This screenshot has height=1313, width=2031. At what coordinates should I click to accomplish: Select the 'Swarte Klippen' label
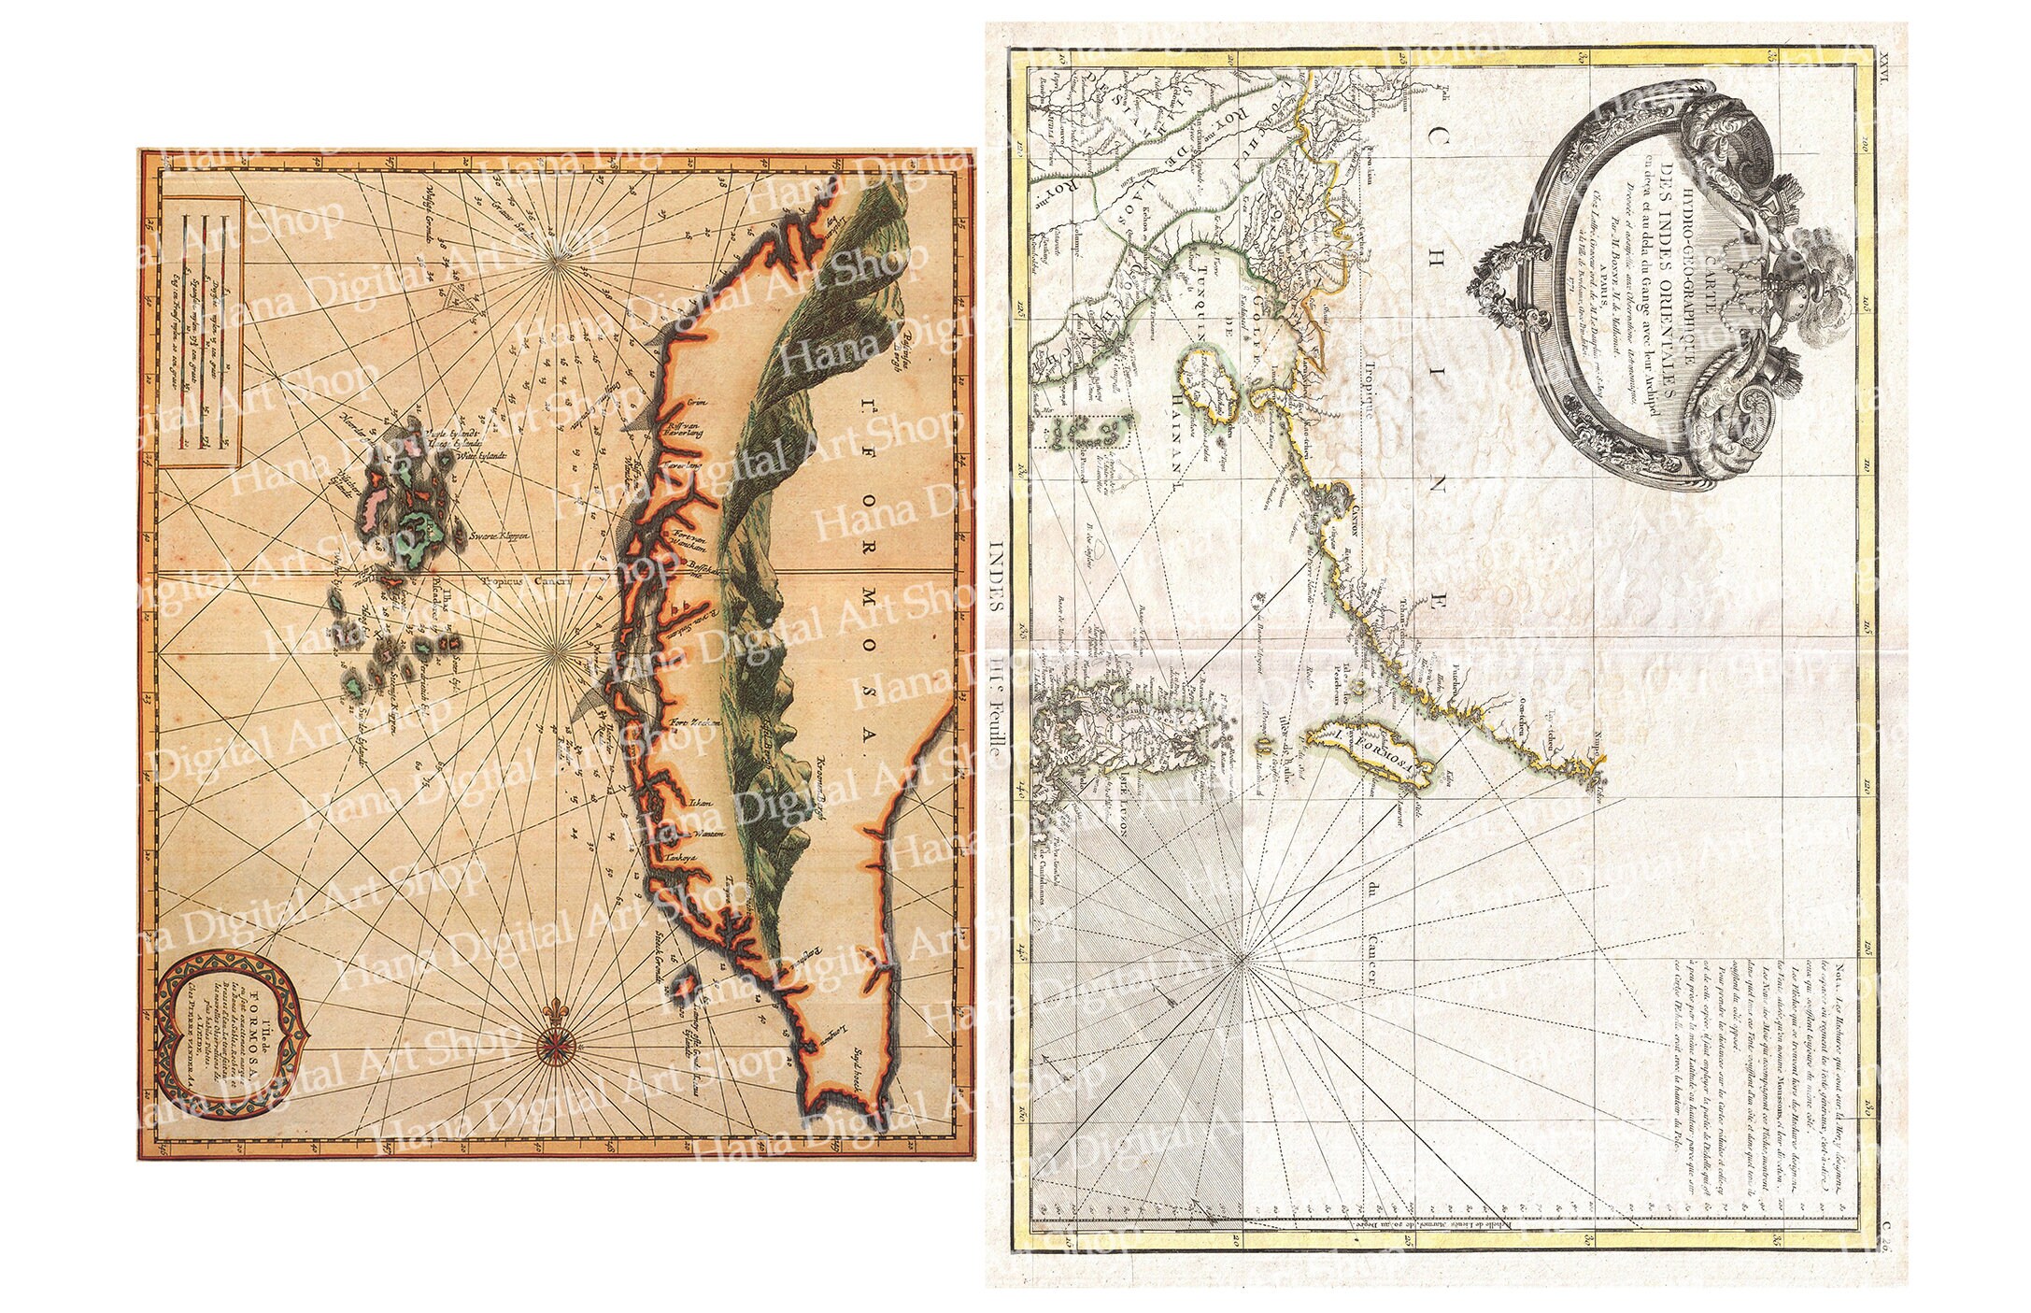click(500, 536)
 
